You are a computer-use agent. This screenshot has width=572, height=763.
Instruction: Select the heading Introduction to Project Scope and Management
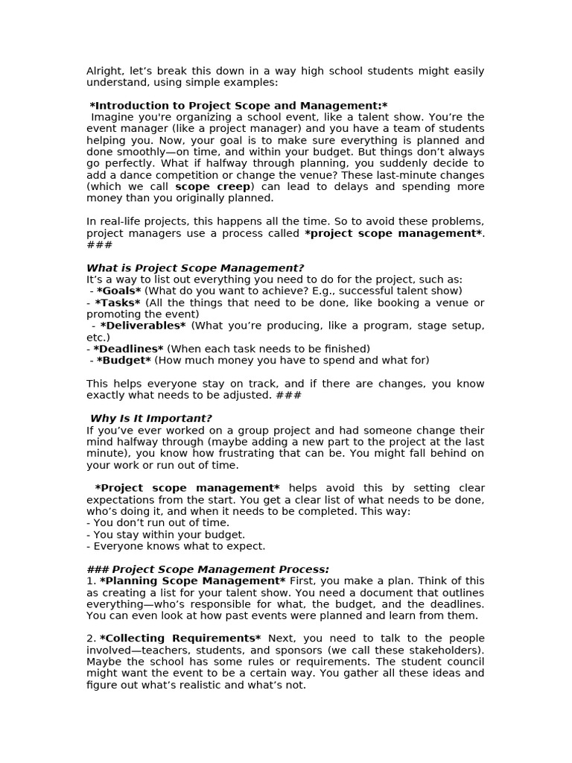click(x=238, y=106)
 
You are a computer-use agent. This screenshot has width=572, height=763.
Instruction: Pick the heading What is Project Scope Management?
click(x=195, y=267)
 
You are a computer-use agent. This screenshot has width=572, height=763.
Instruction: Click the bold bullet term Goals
click(x=118, y=291)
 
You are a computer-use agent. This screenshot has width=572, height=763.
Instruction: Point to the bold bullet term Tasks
click(x=117, y=303)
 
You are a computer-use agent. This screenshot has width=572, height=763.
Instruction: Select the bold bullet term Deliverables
click(x=142, y=326)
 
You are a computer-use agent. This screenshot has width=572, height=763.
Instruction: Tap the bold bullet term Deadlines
click(x=127, y=349)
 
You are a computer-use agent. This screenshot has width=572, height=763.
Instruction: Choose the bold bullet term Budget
click(x=124, y=360)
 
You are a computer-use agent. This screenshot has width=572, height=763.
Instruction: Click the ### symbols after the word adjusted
click(x=288, y=395)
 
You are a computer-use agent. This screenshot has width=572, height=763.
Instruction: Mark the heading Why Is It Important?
click(x=151, y=418)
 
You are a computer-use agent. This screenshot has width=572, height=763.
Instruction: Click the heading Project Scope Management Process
click(x=220, y=569)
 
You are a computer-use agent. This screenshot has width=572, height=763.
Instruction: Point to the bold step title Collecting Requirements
click(x=179, y=638)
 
